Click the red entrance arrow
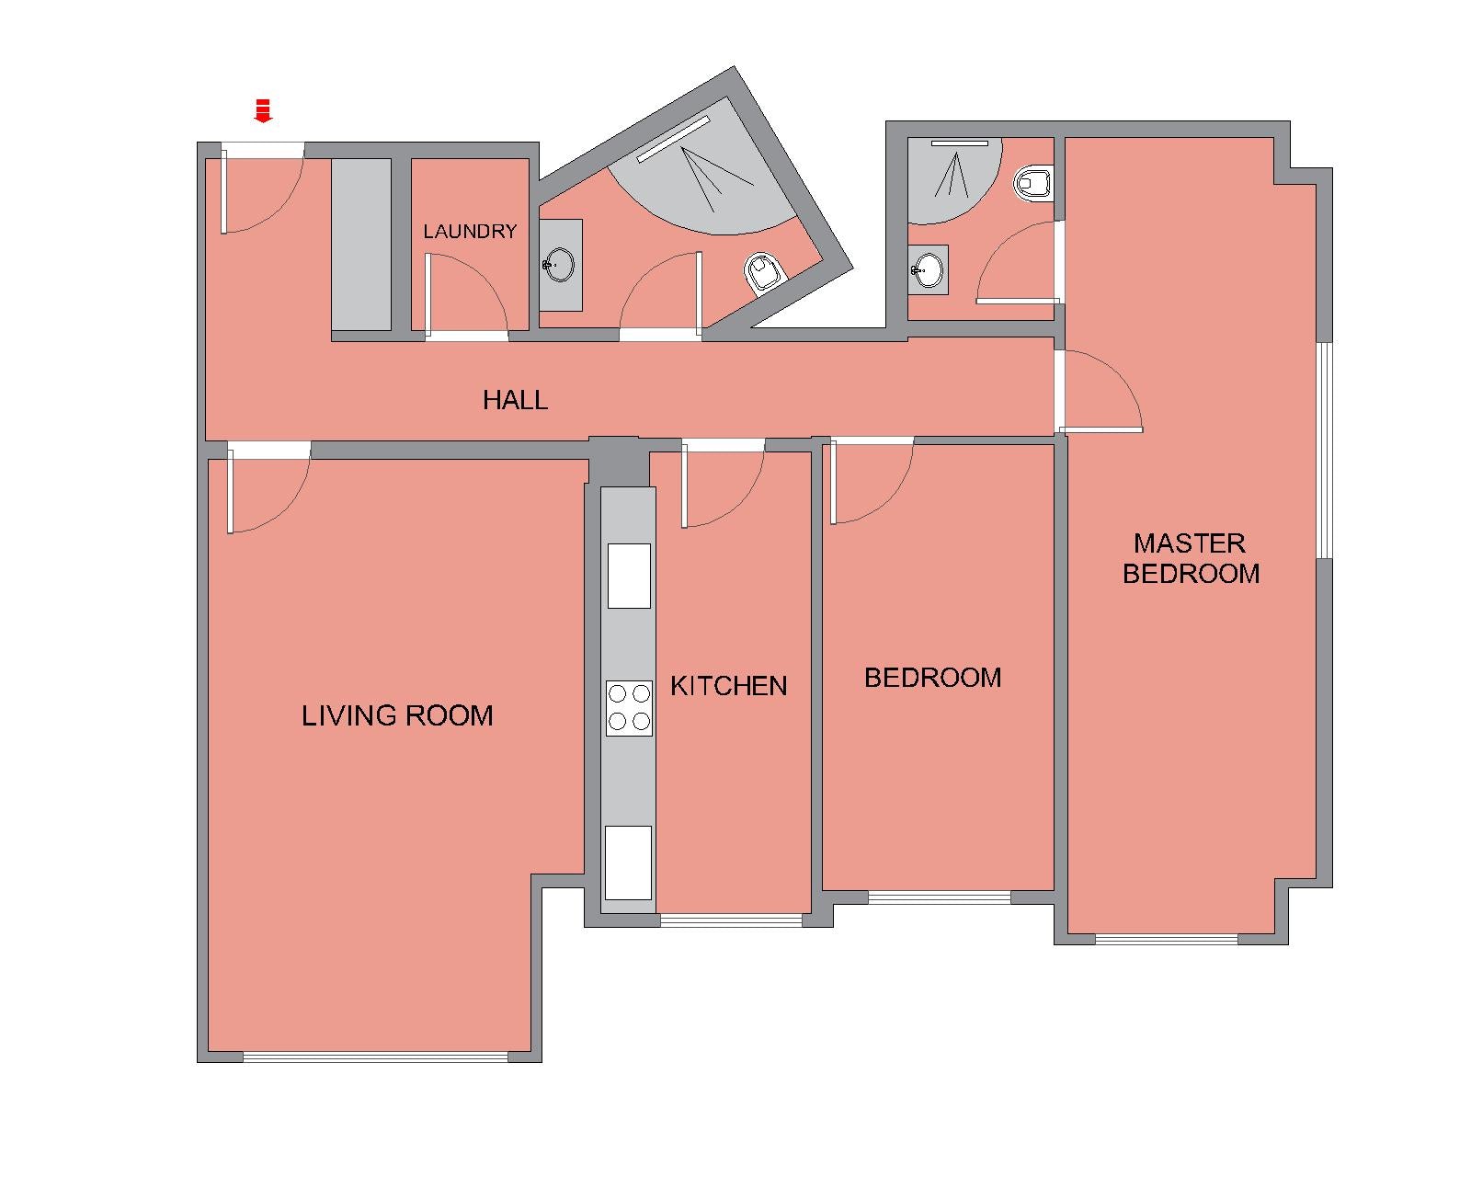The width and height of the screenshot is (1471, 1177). point(263,110)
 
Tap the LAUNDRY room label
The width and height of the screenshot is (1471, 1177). point(470,231)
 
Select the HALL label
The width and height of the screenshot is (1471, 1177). point(515,399)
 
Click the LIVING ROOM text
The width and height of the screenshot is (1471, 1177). point(397,715)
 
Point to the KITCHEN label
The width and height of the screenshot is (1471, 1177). point(728,685)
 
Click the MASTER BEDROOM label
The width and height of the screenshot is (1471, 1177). point(1191,559)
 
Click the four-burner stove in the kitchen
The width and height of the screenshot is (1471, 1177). point(629,708)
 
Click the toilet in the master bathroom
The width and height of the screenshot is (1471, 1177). point(1032,183)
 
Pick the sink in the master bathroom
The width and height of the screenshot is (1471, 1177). point(928,270)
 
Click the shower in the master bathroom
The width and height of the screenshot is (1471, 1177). point(954,180)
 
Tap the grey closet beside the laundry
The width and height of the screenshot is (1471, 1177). point(361,245)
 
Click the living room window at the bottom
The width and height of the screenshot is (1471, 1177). point(375,1057)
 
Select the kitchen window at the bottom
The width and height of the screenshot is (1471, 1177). point(731,920)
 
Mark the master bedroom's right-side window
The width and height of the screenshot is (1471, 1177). point(1325,450)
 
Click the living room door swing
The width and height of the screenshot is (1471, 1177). point(268,487)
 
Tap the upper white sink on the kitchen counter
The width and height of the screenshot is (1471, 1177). point(629,576)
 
